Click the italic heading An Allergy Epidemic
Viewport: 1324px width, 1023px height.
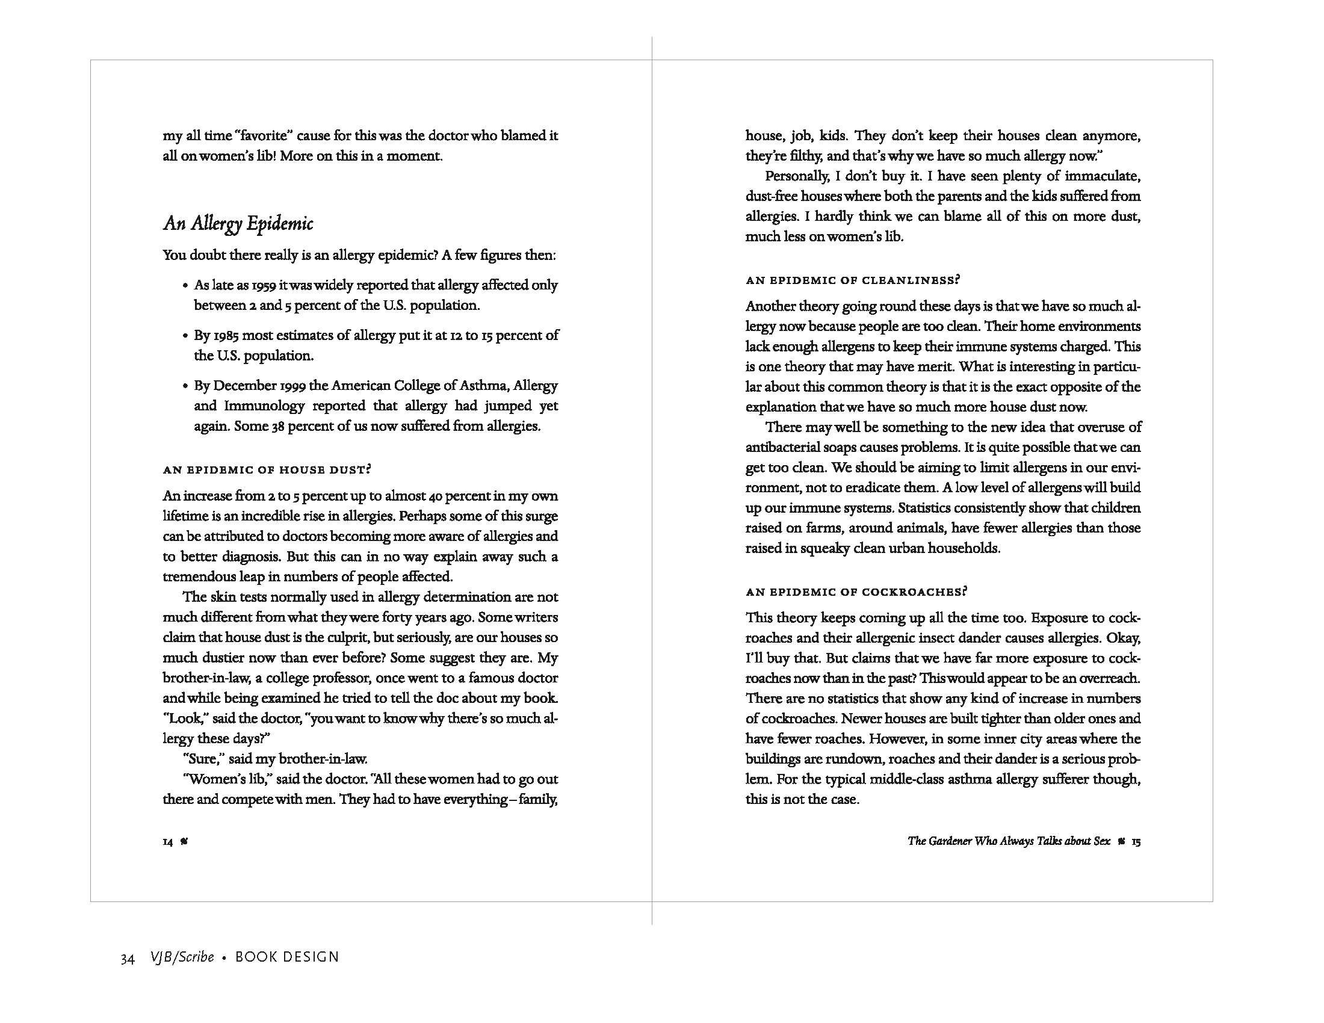[x=238, y=224]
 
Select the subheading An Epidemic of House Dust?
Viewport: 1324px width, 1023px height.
[x=267, y=470]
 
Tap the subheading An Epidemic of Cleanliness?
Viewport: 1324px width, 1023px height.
[x=853, y=280]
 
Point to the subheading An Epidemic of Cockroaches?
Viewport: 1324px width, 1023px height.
[x=856, y=592]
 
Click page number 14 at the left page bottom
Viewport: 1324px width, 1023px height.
[x=168, y=842]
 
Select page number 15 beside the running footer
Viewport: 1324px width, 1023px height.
[x=1136, y=842]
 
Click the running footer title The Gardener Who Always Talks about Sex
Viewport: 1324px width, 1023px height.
[x=1009, y=841]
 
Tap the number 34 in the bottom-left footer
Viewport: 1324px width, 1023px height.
[x=128, y=958]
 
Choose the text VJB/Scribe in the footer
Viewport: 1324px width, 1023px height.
[x=182, y=957]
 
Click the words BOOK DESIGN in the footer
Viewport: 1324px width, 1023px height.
[x=286, y=957]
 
